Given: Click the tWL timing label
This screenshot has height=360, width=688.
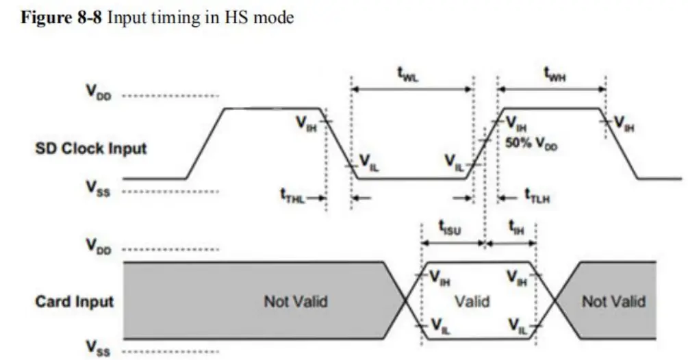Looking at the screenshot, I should [409, 76].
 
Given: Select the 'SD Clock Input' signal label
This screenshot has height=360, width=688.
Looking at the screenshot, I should [90, 148].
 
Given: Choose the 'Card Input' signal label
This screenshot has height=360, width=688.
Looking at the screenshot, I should [74, 301].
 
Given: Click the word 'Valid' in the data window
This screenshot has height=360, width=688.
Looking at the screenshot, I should [472, 301].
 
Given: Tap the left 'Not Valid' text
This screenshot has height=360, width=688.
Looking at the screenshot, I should [296, 301].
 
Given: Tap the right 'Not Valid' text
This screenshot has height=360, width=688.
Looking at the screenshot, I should [613, 301].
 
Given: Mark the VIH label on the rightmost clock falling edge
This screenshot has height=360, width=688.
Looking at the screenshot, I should [624, 123].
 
